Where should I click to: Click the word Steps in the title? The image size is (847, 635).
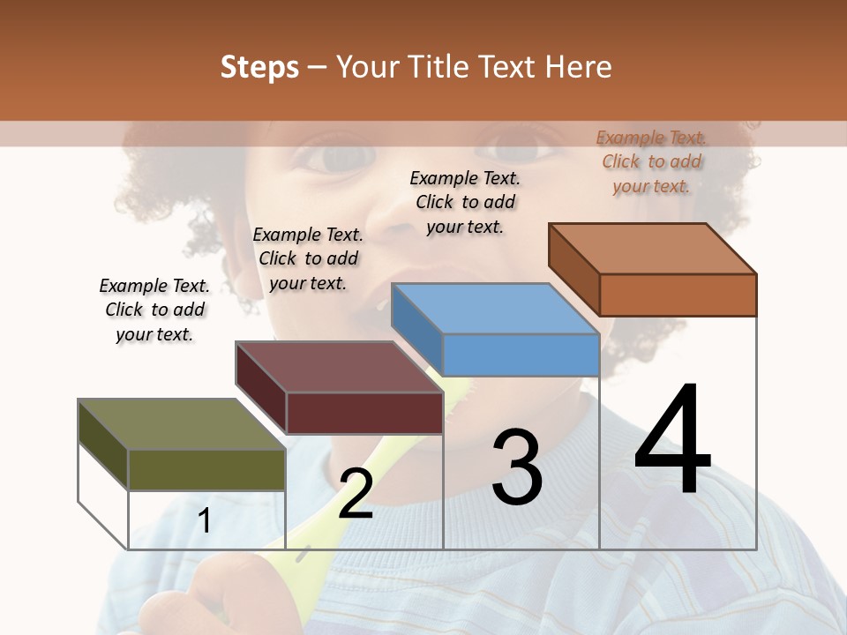[259, 67]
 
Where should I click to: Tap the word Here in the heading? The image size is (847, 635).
[577, 67]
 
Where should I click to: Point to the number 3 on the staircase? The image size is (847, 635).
[517, 467]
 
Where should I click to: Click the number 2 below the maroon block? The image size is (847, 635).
[356, 493]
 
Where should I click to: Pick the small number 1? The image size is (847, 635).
[204, 521]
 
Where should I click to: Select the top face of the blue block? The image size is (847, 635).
[494, 309]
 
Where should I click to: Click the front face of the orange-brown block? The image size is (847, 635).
[678, 295]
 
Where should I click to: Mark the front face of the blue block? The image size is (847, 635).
[521, 355]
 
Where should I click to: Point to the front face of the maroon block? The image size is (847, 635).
[364, 413]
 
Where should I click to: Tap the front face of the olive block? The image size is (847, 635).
[206, 469]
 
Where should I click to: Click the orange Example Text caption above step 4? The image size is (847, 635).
[651, 161]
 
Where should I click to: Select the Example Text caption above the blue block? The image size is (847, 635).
[465, 202]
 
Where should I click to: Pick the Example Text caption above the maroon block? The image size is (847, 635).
[308, 258]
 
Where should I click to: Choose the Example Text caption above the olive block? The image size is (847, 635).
[154, 310]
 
